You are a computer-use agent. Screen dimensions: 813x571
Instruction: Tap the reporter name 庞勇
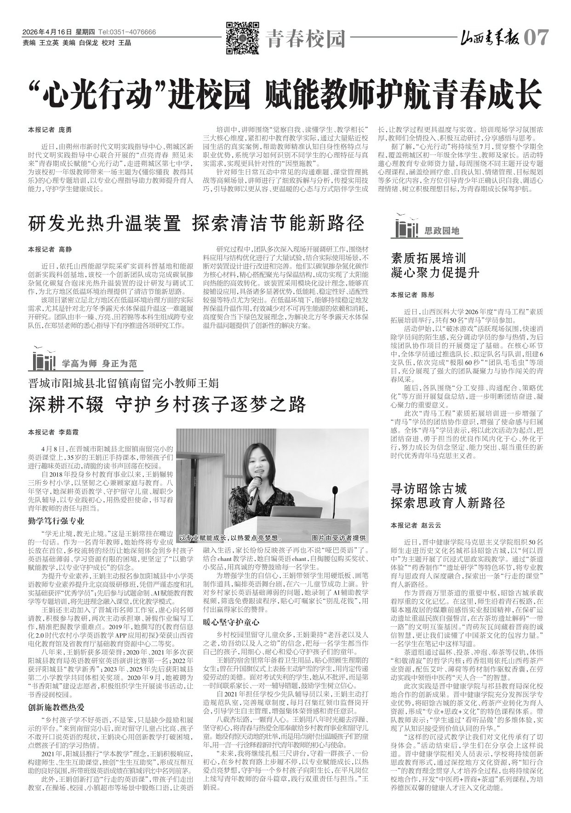[65, 130]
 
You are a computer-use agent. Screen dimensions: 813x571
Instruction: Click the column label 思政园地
[442, 231]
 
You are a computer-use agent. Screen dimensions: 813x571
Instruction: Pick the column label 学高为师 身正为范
[99, 364]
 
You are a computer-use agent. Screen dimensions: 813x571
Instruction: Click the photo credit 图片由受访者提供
[338, 538]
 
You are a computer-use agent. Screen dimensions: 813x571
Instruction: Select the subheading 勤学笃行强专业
[56, 521]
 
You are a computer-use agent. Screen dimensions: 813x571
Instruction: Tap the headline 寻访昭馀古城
[428, 488]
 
